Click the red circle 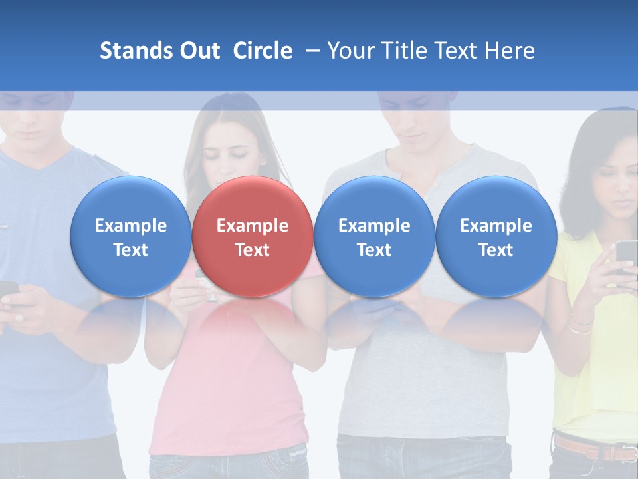(x=253, y=236)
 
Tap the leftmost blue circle (x=131, y=236)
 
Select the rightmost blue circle (x=496, y=236)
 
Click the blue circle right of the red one (x=374, y=236)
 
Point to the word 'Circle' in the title (x=263, y=51)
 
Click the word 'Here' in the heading (x=510, y=51)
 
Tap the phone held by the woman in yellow (x=626, y=256)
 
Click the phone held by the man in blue (x=8, y=290)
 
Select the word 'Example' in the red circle (x=253, y=226)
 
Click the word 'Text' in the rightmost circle (x=496, y=250)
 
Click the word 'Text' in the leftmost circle (x=131, y=250)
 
